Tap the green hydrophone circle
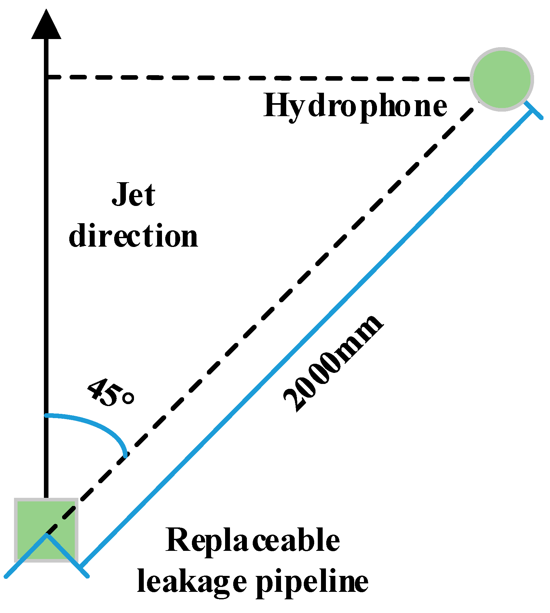coord(502,79)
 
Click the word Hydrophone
coord(355,106)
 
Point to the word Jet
coord(134,195)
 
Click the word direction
coord(134,236)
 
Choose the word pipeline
coord(312,582)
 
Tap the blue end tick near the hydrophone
coord(533,111)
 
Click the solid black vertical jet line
coord(46,260)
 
